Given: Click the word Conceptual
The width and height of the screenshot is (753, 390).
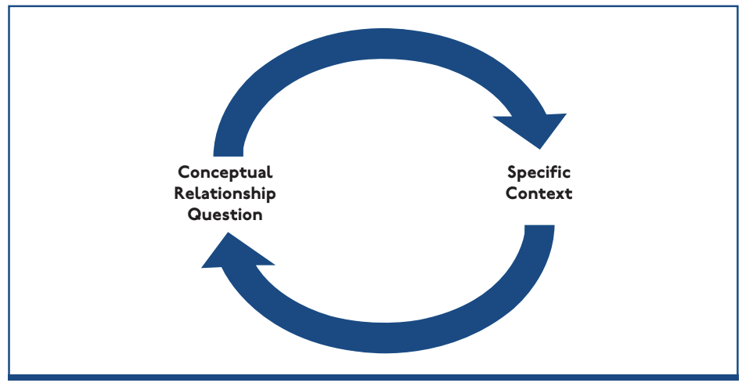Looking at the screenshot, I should click(x=225, y=172).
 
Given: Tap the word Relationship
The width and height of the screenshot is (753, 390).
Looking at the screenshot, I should click(x=225, y=193).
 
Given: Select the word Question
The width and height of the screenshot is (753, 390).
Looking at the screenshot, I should click(x=225, y=215).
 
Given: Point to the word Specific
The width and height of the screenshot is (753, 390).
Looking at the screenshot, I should click(x=539, y=172).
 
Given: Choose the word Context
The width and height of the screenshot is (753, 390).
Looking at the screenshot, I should click(x=539, y=193).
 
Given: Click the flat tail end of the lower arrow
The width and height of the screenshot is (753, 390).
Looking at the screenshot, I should click(x=539, y=228).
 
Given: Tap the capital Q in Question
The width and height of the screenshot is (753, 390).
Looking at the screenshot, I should click(x=194, y=215).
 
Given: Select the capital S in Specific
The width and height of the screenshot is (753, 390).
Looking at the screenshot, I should click(x=513, y=172).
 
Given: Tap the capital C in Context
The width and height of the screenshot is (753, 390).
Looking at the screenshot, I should click(x=512, y=193).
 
